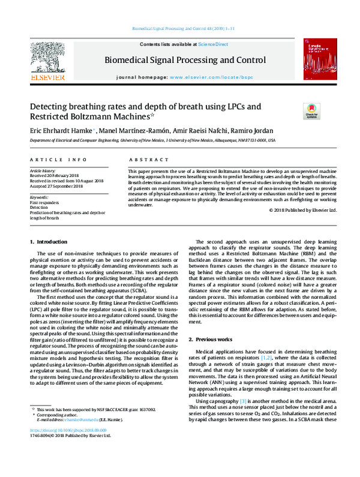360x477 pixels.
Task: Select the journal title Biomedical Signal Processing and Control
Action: [x=185, y=60]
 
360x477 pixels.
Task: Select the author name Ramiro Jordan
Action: [x=254, y=131]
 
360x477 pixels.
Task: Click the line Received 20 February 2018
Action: [x=55, y=176]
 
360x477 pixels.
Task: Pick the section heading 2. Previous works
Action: [x=208, y=340]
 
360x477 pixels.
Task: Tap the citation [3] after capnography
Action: [x=243, y=400]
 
